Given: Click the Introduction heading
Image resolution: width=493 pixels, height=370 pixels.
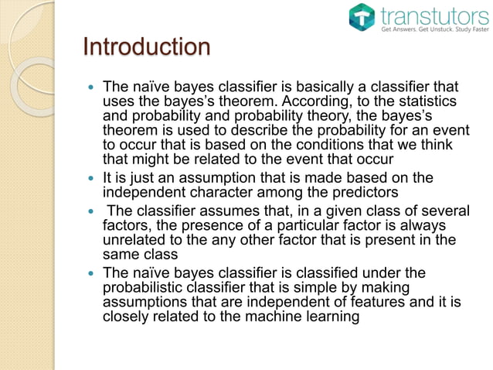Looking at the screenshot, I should (x=146, y=47).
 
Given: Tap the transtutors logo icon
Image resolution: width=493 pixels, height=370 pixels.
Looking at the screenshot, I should (x=360, y=17).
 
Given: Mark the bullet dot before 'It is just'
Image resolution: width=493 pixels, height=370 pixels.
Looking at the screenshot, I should (x=91, y=178).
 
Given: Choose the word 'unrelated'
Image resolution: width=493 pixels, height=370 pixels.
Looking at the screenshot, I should (x=134, y=238).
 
